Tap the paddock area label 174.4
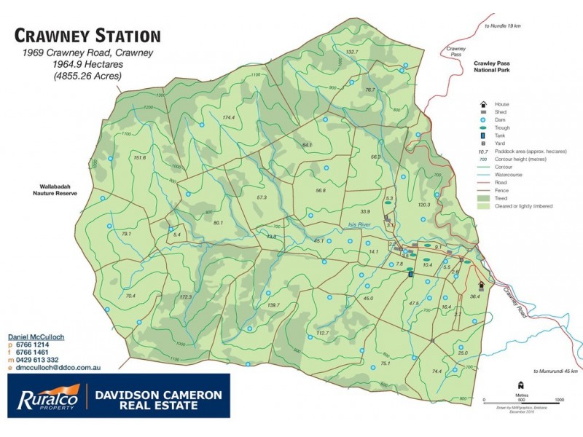(x=229, y=117)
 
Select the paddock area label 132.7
(x=352, y=52)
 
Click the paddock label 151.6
(x=140, y=157)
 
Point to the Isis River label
(x=360, y=225)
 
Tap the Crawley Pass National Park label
(x=494, y=67)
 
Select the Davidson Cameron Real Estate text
(x=158, y=399)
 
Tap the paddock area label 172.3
(x=185, y=297)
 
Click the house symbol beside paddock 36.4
(x=481, y=286)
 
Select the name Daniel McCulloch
(x=37, y=338)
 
